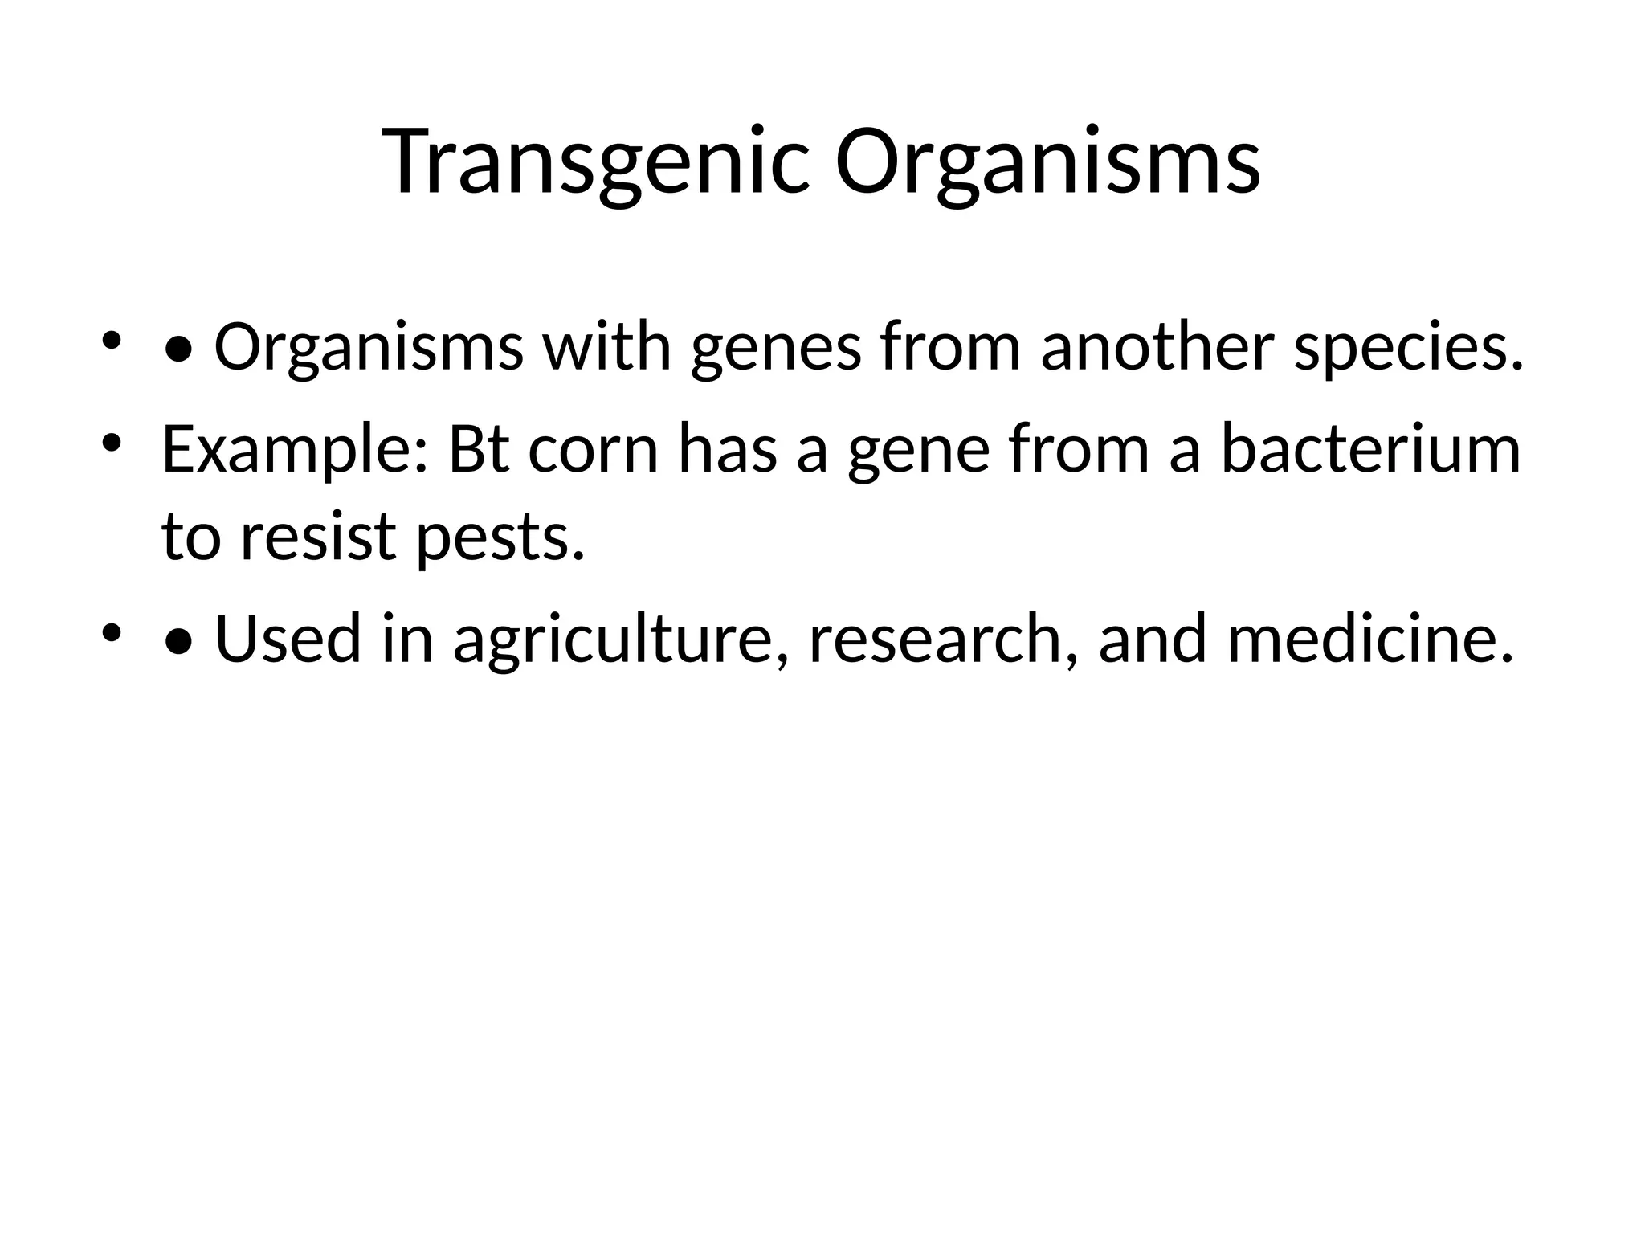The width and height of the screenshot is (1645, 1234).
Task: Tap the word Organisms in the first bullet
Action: click(369, 348)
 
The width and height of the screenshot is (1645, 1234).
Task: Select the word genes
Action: click(776, 348)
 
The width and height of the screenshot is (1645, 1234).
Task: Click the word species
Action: click(1408, 348)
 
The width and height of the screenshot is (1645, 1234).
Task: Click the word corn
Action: click(594, 450)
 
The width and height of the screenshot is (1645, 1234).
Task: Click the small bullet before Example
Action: click(112, 443)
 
